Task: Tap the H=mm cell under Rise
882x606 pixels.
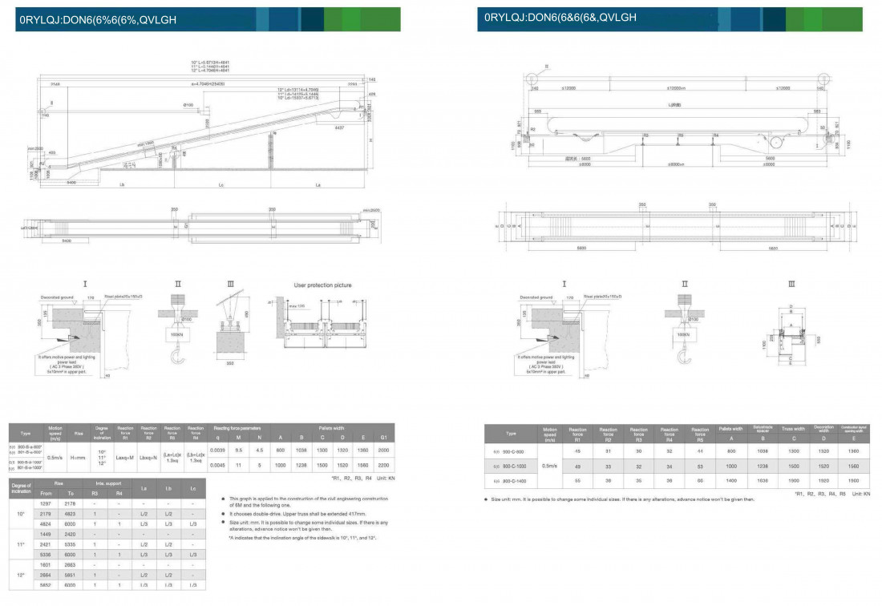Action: pos(79,458)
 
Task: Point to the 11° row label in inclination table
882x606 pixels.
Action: pos(22,545)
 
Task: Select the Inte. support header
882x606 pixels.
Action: pos(107,483)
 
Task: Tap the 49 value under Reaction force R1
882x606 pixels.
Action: pos(577,465)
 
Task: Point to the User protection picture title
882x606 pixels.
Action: pos(323,285)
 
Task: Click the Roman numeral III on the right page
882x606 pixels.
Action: pos(792,284)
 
